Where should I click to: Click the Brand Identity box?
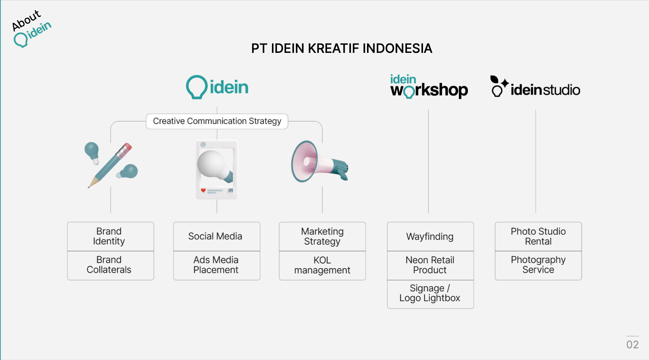110,237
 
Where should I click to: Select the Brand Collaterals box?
110,265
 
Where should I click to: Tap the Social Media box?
217,237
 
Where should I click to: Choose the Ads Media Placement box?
217,265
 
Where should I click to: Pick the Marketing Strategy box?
322,237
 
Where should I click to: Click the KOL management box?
322,265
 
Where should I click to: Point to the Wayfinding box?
430,237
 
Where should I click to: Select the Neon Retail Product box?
430,265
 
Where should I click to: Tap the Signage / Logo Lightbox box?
430,294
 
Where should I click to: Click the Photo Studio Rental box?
538,237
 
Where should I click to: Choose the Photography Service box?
538,265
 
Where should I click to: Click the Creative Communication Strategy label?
217,121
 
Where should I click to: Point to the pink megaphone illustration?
319,161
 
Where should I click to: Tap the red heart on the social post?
203,190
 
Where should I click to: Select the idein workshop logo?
429,86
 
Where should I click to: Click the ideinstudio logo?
535,86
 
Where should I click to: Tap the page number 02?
632,345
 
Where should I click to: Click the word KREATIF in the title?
333,48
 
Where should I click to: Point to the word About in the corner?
26,20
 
